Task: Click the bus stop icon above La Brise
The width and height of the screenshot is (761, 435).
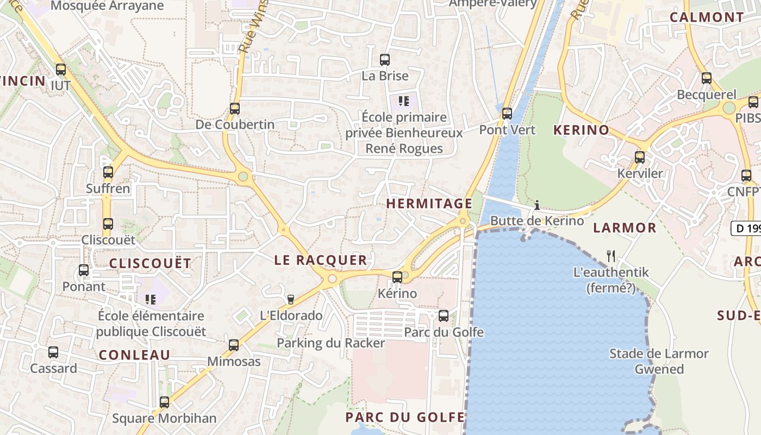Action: (x=385, y=60)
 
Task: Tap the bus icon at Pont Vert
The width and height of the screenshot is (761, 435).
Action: (x=507, y=114)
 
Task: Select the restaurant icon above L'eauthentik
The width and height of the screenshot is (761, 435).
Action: (x=611, y=256)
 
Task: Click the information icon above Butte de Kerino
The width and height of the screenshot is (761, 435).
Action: (x=537, y=205)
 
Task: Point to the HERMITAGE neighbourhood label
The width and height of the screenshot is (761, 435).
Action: (x=429, y=204)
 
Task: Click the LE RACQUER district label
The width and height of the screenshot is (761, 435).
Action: (x=321, y=260)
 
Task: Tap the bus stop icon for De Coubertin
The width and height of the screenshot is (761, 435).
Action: (x=235, y=109)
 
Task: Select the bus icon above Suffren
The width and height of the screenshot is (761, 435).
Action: (x=108, y=172)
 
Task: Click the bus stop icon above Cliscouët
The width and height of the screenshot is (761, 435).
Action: (x=108, y=223)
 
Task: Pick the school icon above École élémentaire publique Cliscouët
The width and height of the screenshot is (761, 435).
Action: (x=151, y=299)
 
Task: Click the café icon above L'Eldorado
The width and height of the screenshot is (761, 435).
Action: (x=291, y=299)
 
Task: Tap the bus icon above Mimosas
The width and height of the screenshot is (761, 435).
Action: (x=234, y=345)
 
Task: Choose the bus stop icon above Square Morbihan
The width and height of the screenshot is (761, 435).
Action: (x=164, y=402)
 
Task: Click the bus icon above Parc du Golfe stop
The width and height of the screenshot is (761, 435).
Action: (x=444, y=315)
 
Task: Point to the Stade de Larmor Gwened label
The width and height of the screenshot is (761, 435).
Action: (x=659, y=361)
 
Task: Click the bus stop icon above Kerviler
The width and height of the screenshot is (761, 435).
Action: (x=640, y=158)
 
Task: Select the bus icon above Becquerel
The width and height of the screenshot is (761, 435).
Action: (x=707, y=78)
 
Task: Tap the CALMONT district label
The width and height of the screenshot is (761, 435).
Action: (x=707, y=17)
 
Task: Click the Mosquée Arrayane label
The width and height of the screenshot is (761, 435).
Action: (x=107, y=6)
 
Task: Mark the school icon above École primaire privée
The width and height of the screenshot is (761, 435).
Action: (x=403, y=101)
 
